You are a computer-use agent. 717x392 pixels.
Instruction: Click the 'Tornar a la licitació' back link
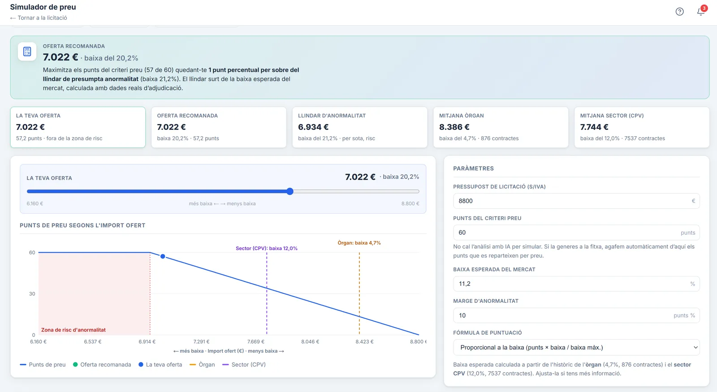pyautogui.click(x=39, y=18)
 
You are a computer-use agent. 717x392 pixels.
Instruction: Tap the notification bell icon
pyautogui.click(x=701, y=11)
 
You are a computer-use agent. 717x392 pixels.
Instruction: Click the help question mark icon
pyautogui.click(x=679, y=12)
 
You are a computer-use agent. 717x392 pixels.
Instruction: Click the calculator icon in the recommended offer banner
pyautogui.click(x=27, y=52)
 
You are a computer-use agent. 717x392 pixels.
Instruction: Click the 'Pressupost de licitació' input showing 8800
pyautogui.click(x=576, y=201)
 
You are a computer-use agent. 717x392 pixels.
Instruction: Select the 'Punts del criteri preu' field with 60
pyautogui.click(x=576, y=233)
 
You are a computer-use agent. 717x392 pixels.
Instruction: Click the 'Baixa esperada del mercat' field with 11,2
pyautogui.click(x=576, y=284)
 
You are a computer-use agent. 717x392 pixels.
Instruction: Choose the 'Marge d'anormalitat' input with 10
pyautogui.click(x=576, y=315)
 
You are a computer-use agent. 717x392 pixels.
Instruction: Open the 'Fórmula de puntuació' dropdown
pyautogui.click(x=576, y=348)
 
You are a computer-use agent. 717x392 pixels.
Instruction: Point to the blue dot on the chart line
pyautogui.click(x=163, y=256)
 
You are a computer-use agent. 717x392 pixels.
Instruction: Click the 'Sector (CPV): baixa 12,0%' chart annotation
pyautogui.click(x=267, y=248)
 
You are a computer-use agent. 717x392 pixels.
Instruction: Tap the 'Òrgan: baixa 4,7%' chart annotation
pyautogui.click(x=359, y=243)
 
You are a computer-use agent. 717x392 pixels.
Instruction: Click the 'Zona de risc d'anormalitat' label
pyautogui.click(x=73, y=330)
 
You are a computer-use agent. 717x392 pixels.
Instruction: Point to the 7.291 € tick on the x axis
pyautogui.click(x=201, y=342)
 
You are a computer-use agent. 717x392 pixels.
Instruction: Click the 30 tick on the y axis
pyautogui.click(x=32, y=294)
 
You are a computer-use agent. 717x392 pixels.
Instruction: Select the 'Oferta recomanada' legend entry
pyautogui.click(x=102, y=365)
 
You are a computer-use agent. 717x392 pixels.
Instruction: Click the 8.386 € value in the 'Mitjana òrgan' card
pyautogui.click(x=454, y=127)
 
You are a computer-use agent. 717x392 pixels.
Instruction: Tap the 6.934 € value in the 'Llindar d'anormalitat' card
pyautogui.click(x=313, y=127)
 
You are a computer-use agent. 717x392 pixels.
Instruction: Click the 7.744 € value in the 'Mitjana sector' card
pyautogui.click(x=594, y=127)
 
